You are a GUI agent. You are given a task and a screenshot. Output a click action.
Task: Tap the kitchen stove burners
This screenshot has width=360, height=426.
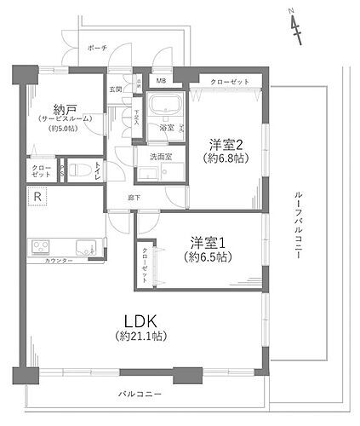pyautogui.click(x=41, y=248)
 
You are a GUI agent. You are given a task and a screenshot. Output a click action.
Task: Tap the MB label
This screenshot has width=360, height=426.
pyautogui.click(x=159, y=81)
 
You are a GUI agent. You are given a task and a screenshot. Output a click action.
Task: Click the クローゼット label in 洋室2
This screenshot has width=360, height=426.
pyautogui.click(x=230, y=81)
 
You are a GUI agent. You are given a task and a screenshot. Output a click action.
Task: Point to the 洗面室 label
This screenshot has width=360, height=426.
pyautogui.click(x=162, y=156)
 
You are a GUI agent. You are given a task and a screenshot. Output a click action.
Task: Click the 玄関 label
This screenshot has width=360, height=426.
pyautogui.click(x=115, y=89)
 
